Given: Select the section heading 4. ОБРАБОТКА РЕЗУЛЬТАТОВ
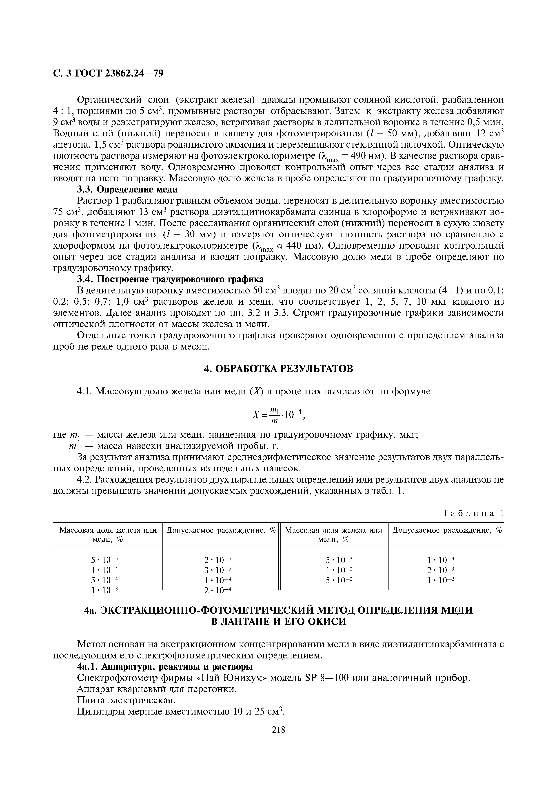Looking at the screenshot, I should click(278, 369).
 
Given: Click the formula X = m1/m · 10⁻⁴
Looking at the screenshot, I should click(278, 415).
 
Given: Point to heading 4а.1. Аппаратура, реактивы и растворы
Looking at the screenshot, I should click(165, 667).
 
